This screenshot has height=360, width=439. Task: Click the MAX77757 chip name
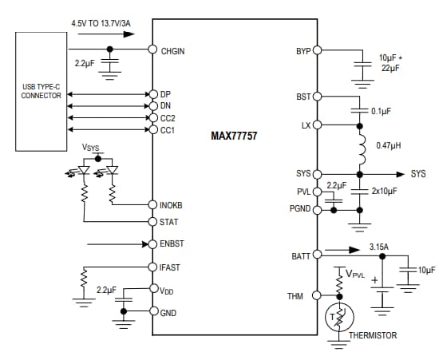coord(234,136)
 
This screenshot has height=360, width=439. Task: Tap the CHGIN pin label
coord(172,50)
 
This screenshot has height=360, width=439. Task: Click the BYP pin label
coord(303,50)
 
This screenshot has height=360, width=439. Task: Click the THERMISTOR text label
coord(372,336)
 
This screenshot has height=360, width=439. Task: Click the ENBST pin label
coord(173,243)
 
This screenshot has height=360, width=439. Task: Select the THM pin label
coord(295,296)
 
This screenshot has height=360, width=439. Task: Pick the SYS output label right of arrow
coord(417,174)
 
